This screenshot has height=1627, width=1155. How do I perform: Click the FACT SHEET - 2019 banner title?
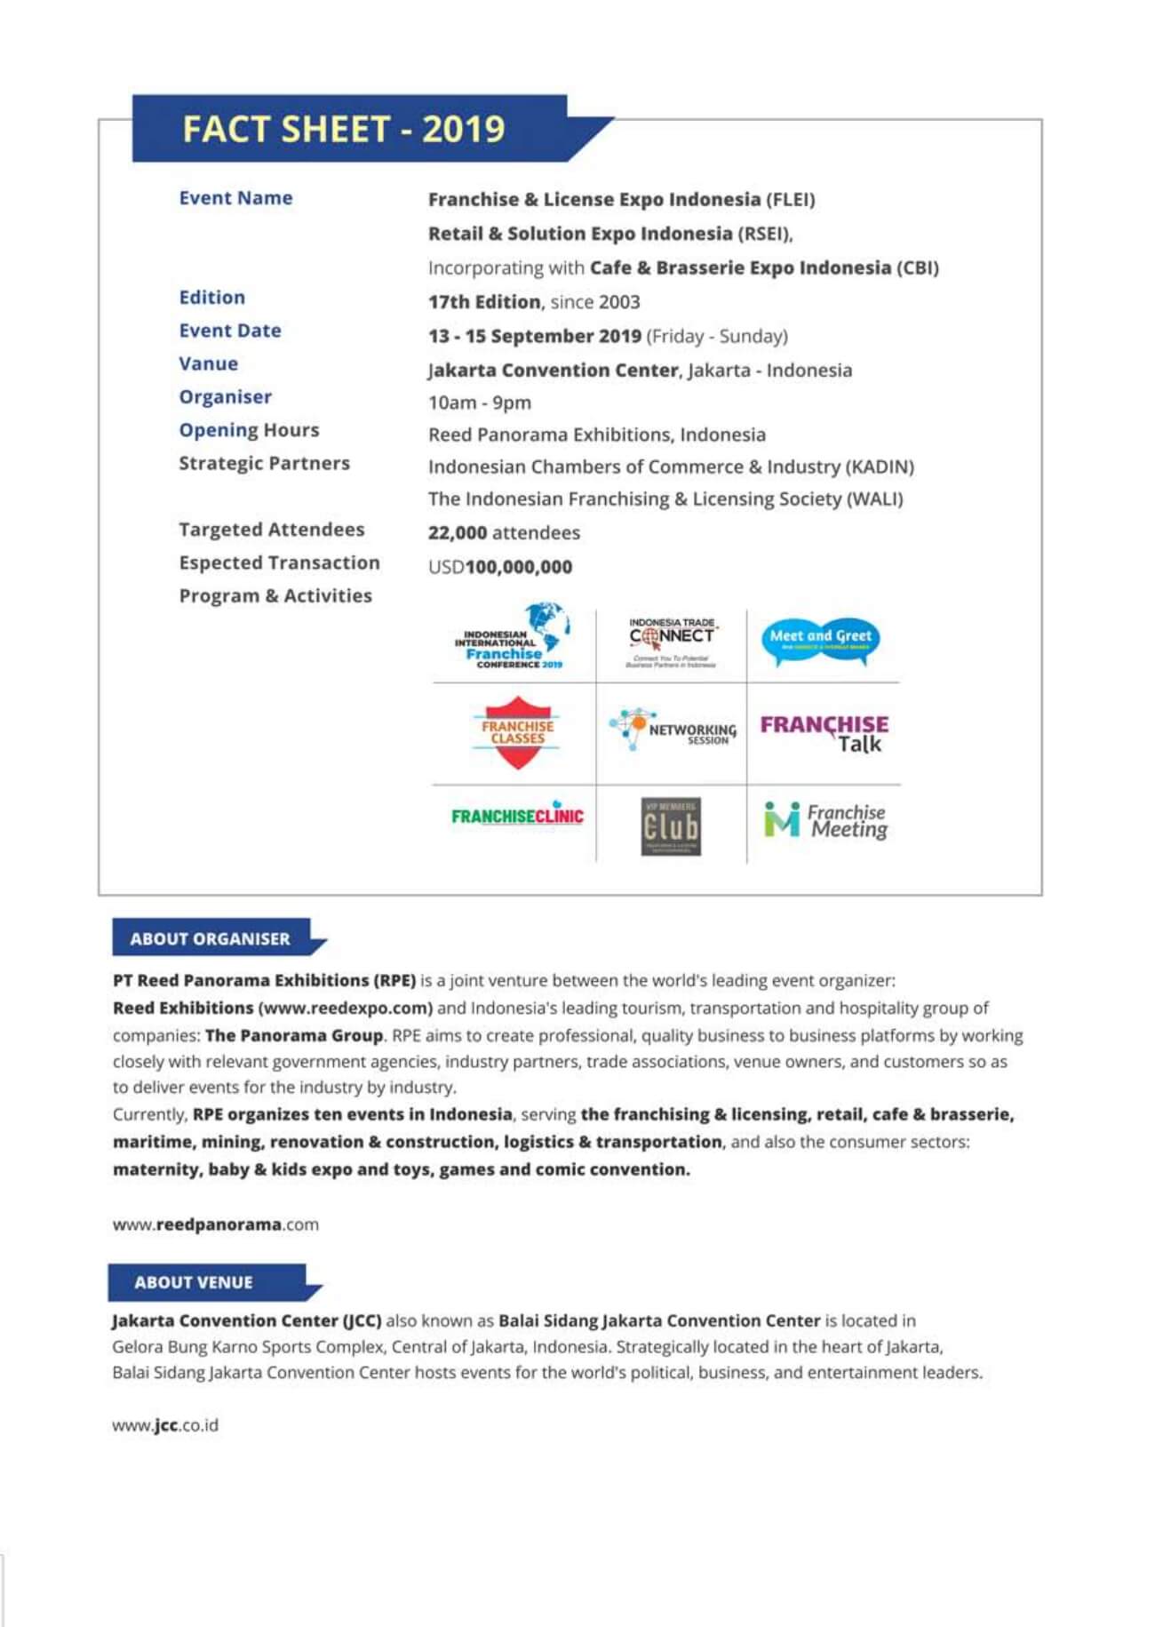coord(343,130)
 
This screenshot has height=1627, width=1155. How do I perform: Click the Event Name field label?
coord(235,198)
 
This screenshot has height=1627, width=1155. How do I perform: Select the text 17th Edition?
coord(483,302)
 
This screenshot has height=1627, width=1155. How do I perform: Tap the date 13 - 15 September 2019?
coord(534,336)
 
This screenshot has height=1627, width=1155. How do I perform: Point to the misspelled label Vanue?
coord(208,363)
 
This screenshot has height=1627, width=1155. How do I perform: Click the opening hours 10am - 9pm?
coord(479,403)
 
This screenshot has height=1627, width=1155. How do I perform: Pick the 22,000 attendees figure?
coord(503,532)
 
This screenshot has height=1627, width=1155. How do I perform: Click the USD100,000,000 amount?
coord(500,567)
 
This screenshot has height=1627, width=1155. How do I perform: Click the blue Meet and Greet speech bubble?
coord(820,640)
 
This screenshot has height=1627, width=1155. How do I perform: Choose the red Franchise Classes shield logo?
coord(517,732)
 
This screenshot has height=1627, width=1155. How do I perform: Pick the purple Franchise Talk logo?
coord(824,733)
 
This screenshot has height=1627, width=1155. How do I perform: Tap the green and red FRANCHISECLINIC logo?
coord(517,816)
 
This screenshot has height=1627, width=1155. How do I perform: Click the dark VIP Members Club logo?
coord(671,826)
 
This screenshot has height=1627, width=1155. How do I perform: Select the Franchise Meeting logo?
coord(824,820)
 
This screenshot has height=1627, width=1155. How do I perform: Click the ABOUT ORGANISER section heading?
coord(211,938)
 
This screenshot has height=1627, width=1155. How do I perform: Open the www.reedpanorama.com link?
coord(215,1224)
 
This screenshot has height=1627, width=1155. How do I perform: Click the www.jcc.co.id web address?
coord(165,1425)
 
